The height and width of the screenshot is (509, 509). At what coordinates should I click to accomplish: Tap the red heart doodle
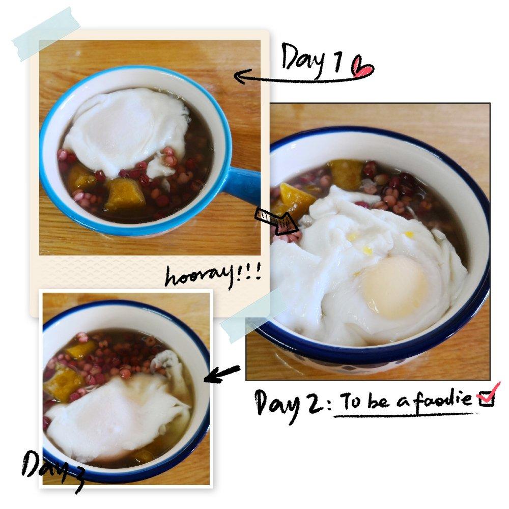pyautogui.click(x=362, y=67)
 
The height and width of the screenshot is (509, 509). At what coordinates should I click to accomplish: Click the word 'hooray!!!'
pyautogui.click(x=213, y=276)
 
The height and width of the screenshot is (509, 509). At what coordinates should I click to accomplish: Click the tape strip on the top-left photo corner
pyautogui.click(x=46, y=34)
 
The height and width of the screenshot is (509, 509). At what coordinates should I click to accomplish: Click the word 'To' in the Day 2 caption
pyautogui.click(x=351, y=401)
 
